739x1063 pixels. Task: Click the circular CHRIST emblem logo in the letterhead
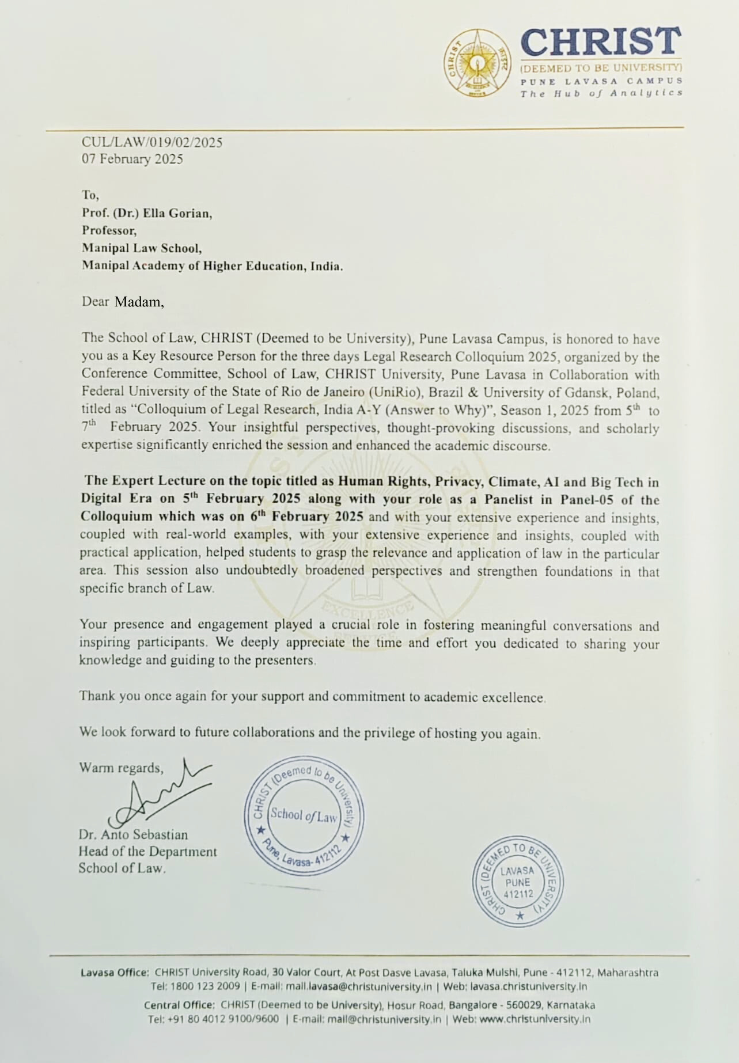pos(477,63)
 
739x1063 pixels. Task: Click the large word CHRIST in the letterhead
pos(601,43)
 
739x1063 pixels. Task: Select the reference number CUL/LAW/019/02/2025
pos(152,142)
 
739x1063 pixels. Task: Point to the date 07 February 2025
pos(132,159)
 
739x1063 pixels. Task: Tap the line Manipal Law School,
pos(142,248)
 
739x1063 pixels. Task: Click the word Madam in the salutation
pos(138,301)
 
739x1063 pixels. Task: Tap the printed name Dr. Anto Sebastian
pos(133,834)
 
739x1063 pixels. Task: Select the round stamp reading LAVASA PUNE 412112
pos(518,882)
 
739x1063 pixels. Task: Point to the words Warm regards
pos(121,768)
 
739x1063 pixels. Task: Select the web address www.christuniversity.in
pos(535,1019)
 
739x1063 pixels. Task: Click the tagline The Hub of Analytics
pos(601,93)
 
